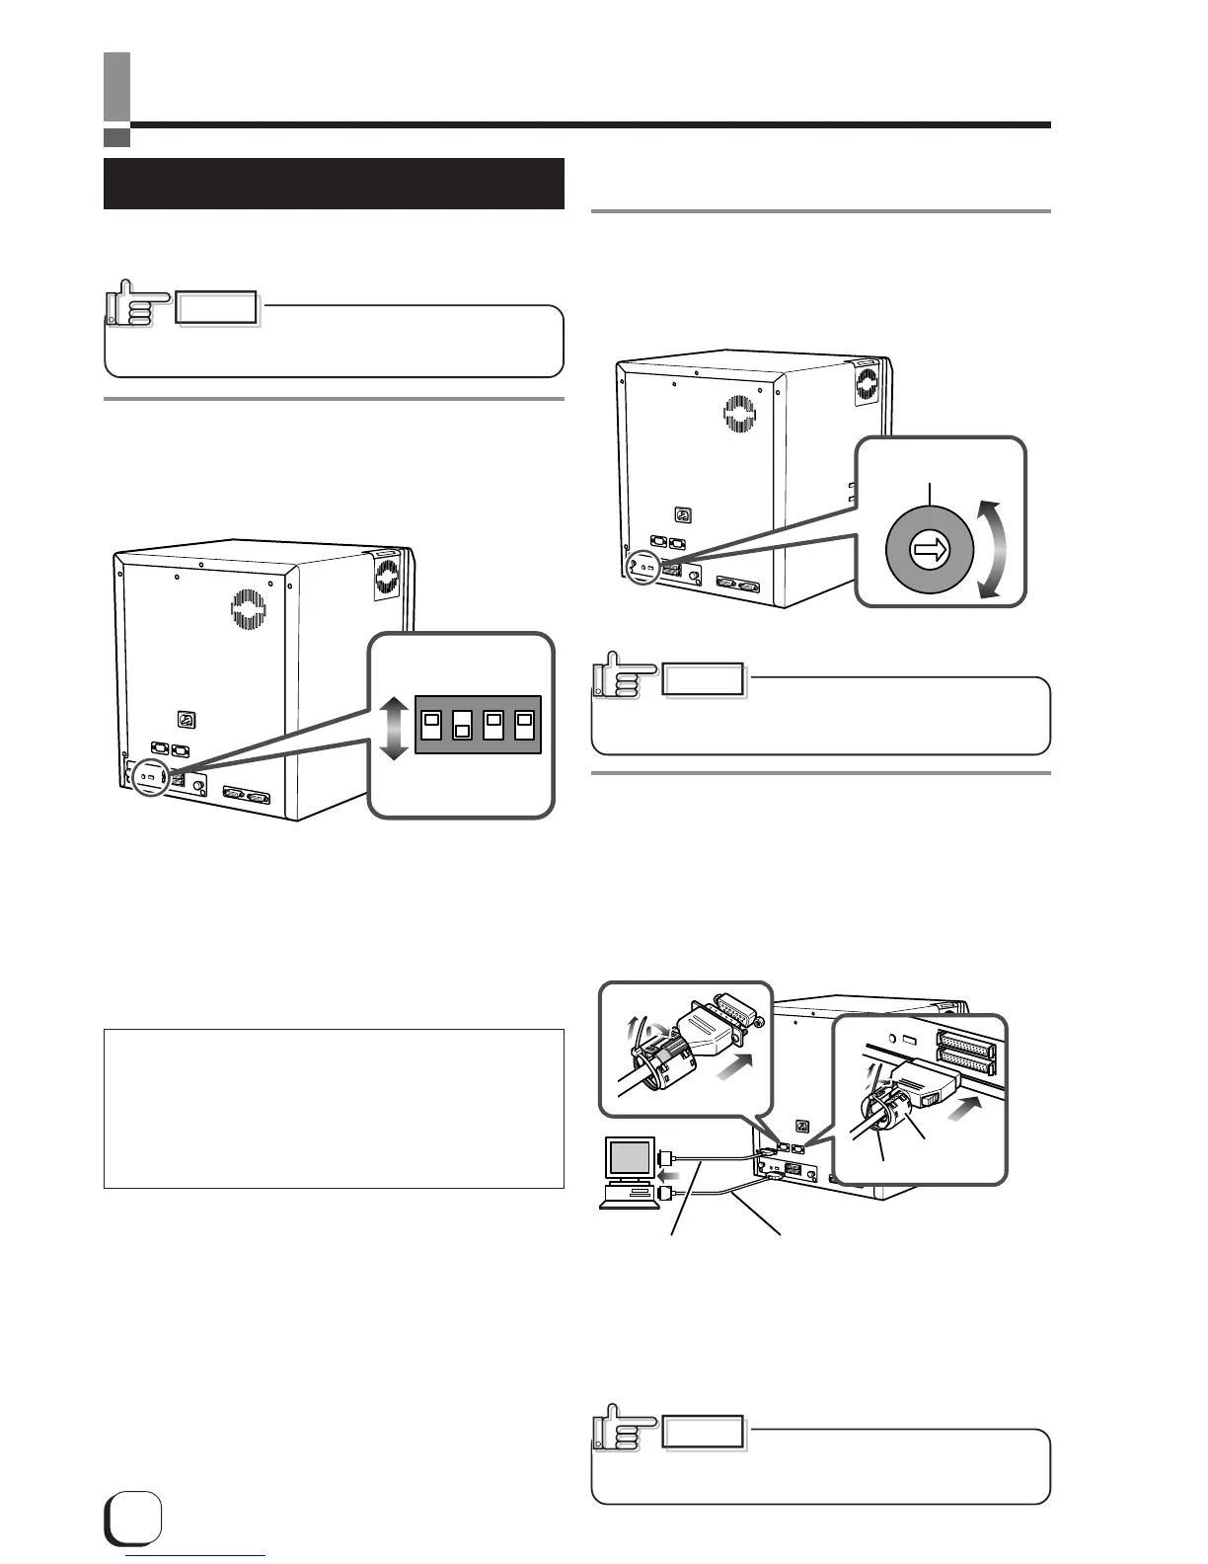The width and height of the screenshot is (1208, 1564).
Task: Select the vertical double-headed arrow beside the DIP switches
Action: pyautogui.click(x=393, y=727)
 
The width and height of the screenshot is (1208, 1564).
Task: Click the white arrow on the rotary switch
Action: pyautogui.click(x=929, y=553)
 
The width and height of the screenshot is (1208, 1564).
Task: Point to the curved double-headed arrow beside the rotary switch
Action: pyautogui.click(x=991, y=549)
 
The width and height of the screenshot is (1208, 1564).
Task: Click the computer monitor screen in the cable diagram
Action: pyautogui.click(x=629, y=1156)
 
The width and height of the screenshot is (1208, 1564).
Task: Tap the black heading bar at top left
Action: pyautogui.click(x=334, y=183)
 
